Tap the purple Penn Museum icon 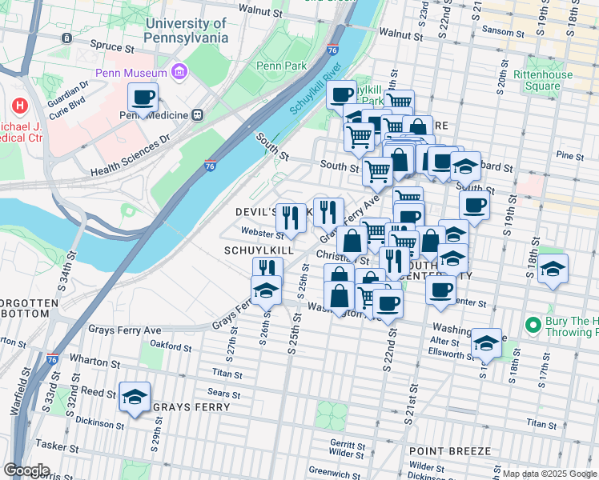click(178, 73)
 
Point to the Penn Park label click(276, 66)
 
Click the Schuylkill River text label click(312, 88)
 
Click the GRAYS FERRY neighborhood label click(191, 407)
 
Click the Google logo click(27, 470)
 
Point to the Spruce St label click(111, 47)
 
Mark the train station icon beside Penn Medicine click(197, 114)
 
